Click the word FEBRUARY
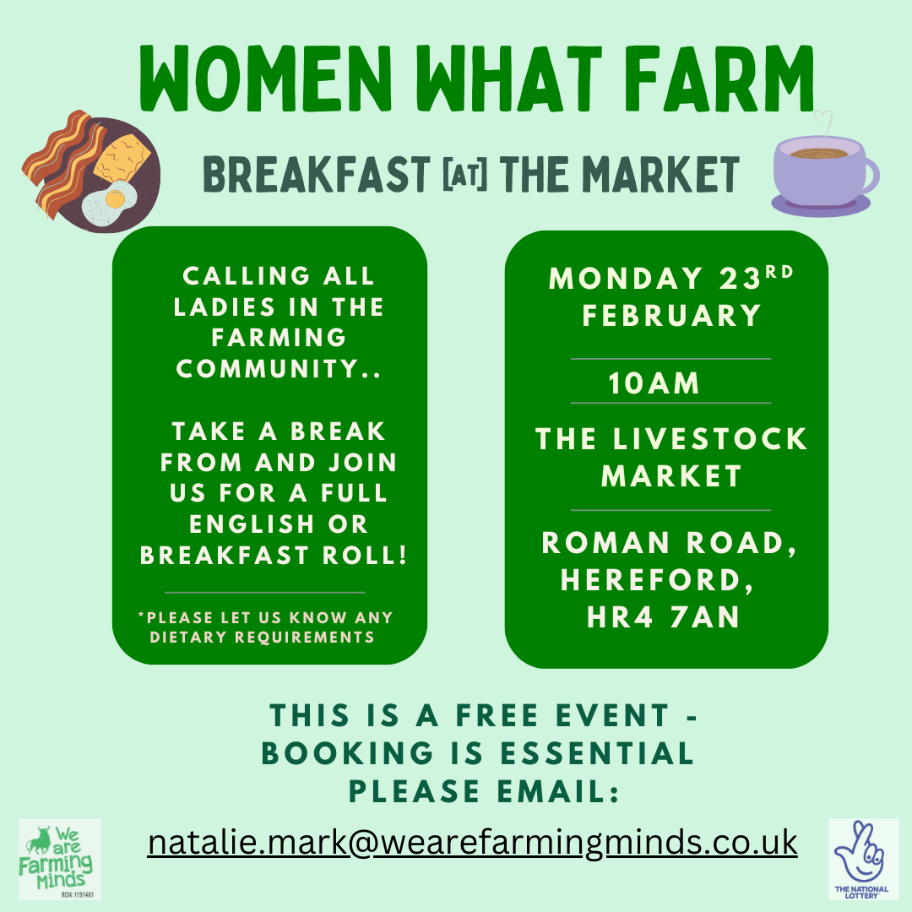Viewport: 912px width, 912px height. [672, 316]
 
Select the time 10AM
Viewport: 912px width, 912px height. [654, 384]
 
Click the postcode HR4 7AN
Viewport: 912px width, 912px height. [664, 617]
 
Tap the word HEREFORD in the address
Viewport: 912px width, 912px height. [657, 580]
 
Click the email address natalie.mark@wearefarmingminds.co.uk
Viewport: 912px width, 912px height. [472, 842]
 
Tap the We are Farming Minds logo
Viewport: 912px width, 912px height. [60, 859]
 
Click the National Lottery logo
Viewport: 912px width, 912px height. [863, 859]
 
